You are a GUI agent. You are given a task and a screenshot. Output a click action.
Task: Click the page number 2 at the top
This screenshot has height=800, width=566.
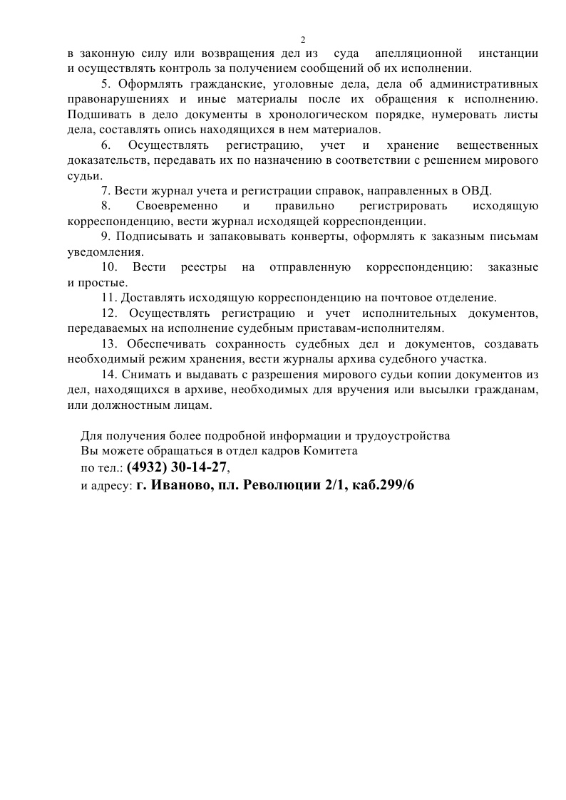pyautogui.click(x=302, y=39)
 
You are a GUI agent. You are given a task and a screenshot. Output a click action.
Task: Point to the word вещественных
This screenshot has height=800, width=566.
pyautogui.click(x=497, y=145)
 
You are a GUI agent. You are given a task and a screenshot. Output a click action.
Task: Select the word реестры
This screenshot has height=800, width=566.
pyautogui.click(x=203, y=267)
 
